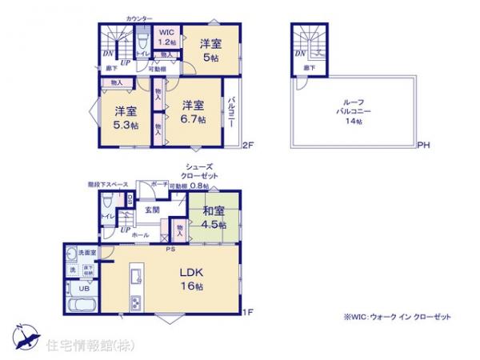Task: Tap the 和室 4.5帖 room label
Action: pyautogui.click(x=213, y=218)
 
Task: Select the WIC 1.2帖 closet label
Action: pyautogui.click(x=166, y=37)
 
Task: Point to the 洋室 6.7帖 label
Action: pyautogui.click(x=193, y=112)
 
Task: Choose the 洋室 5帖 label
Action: pyautogui.click(x=212, y=50)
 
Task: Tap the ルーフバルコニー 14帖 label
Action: pyautogui.click(x=353, y=112)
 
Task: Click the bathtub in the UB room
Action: pyautogui.click(x=81, y=308)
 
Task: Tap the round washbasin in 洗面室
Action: pyautogui.click(x=72, y=255)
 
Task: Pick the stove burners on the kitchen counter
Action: pyautogui.click(x=134, y=302)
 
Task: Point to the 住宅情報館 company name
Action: pyautogui.click(x=81, y=346)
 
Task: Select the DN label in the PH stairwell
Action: pyautogui.click(x=299, y=54)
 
